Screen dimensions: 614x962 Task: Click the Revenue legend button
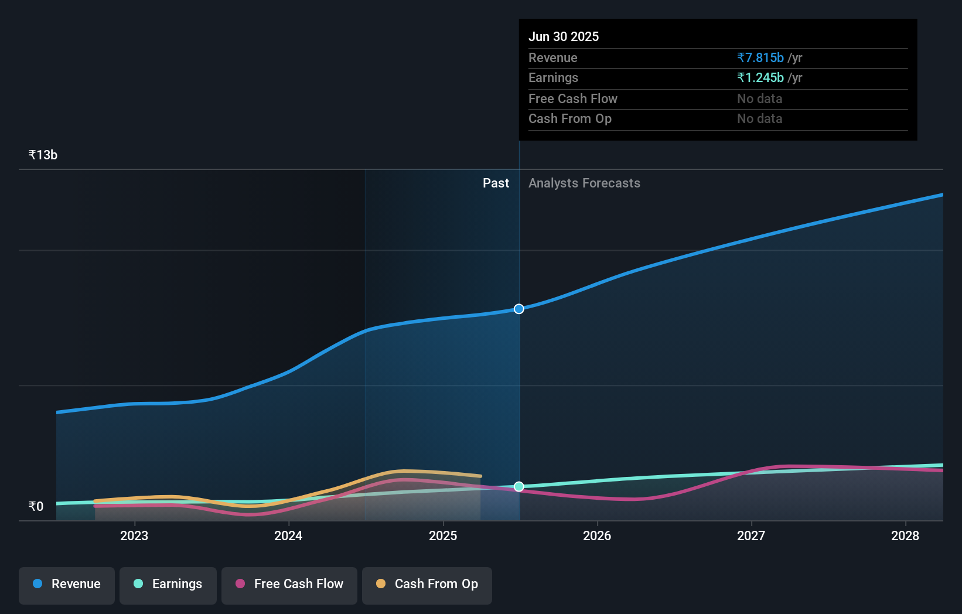(x=67, y=584)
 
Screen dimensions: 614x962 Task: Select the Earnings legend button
(x=168, y=584)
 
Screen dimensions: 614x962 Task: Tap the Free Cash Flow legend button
(x=289, y=584)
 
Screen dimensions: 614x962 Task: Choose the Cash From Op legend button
(x=427, y=584)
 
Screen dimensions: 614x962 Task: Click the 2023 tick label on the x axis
(x=134, y=535)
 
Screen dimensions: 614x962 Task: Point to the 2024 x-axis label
(x=288, y=535)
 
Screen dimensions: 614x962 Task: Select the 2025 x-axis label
(x=443, y=535)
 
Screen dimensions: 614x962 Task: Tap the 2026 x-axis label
(x=597, y=535)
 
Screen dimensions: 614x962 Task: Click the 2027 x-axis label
(x=751, y=535)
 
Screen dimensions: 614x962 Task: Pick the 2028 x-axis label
(x=905, y=535)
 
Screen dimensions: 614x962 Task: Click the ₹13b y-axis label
(x=43, y=155)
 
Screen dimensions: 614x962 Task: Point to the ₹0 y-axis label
(x=36, y=506)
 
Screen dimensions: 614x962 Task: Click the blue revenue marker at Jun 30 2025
(x=519, y=309)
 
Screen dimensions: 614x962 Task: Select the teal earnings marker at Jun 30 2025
(x=519, y=487)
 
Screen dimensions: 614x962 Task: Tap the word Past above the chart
(x=496, y=183)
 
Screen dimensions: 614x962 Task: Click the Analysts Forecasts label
(x=584, y=183)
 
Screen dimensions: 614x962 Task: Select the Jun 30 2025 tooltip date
(x=564, y=36)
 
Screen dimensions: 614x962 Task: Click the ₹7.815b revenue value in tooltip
(x=760, y=57)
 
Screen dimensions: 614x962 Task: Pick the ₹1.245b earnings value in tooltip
(x=760, y=77)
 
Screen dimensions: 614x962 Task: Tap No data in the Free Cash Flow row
(x=759, y=98)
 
